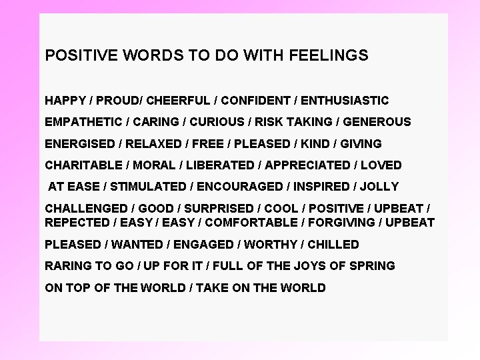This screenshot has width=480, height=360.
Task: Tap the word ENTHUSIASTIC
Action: (x=345, y=101)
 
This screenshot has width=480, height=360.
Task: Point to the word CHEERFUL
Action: (x=177, y=101)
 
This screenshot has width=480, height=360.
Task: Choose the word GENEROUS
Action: (x=377, y=122)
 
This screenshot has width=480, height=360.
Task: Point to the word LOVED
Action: (x=381, y=165)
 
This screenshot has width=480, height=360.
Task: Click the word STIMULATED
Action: (x=148, y=186)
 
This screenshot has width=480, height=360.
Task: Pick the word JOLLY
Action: (x=379, y=186)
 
